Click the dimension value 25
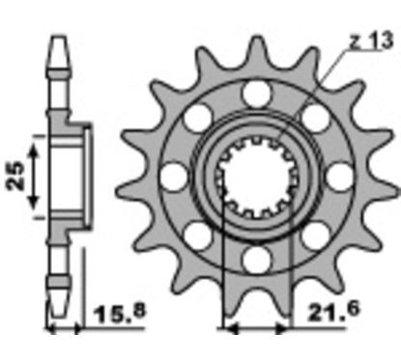15,176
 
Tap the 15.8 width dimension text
120,313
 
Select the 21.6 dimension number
332,311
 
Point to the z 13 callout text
372,41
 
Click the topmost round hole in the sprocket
256,94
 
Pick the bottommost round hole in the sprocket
256,260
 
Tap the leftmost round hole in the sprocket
174,177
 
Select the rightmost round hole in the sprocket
340,177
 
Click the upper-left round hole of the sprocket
198,118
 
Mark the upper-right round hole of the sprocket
315,118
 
